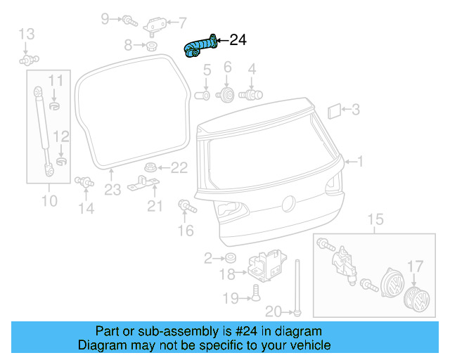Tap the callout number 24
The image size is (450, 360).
point(238,41)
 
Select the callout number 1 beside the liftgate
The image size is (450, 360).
point(360,162)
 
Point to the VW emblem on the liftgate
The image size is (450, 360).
point(288,204)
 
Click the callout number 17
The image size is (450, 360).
point(416,266)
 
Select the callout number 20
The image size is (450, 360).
point(274,311)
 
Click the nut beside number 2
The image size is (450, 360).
point(230,258)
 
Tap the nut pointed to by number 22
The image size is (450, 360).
point(150,167)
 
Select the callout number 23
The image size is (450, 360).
point(112,189)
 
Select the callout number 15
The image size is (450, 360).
point(375,220)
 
